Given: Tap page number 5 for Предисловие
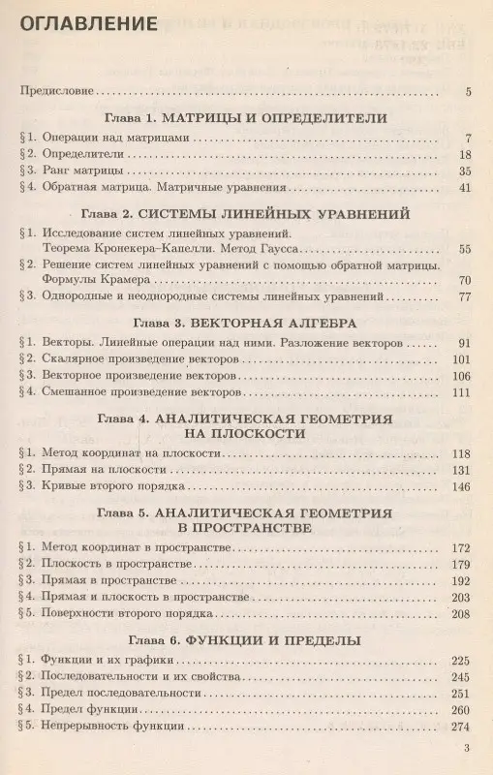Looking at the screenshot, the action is (x=468, y=93).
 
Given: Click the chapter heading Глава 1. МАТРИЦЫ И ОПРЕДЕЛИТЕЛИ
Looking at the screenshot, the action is (x=246, y=118).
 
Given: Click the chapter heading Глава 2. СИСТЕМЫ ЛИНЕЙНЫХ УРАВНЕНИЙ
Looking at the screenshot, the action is (x=246, y=213).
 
